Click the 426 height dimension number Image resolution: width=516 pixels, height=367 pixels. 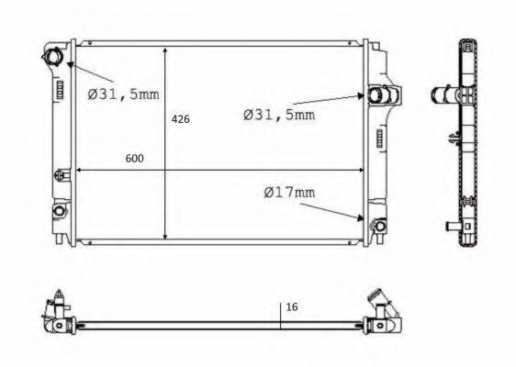coord(180,119)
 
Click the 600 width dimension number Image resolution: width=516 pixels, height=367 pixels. coord(135,159)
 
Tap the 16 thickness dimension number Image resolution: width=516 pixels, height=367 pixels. coord(292,307)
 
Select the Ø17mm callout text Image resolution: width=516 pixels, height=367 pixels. coord(289,193)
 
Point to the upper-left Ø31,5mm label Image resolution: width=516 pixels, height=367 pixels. coord(123,95)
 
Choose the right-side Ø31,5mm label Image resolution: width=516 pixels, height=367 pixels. coord(279,115)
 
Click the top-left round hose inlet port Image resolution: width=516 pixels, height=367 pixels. coord(52,56)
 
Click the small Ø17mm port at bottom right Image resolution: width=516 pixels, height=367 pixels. coord(380,226)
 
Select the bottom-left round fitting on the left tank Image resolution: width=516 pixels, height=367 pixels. coord(60,210)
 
